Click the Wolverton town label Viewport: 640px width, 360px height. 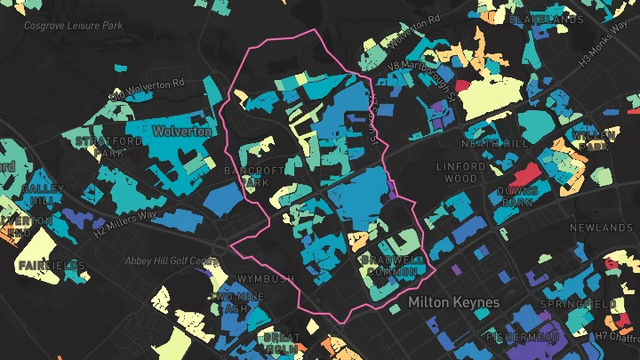click(181, 131)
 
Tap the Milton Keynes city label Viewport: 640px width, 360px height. click(453, 302)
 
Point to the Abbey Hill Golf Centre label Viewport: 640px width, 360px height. click(172, 260)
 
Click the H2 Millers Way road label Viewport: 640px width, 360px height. click(124, 222)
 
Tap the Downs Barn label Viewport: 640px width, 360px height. click(517, 196)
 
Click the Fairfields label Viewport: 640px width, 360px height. click(51, 266)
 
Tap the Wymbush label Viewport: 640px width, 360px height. click(264, 278)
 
